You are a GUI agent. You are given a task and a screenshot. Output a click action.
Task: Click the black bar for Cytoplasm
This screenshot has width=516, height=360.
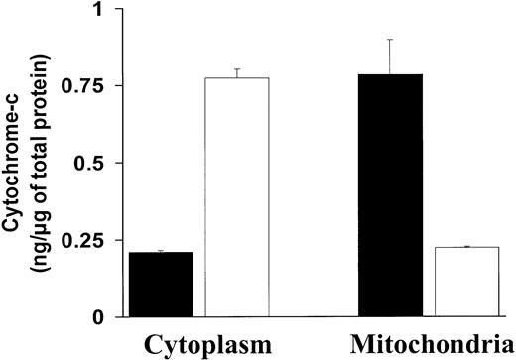coord(161,285)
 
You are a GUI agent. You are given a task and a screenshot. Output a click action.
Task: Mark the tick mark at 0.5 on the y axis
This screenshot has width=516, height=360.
coord(115,163)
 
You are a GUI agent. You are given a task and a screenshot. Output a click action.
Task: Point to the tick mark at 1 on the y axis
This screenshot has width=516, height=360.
coord(115,9)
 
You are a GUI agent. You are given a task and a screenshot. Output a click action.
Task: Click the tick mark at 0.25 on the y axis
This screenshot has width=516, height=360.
coord(115,240)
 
